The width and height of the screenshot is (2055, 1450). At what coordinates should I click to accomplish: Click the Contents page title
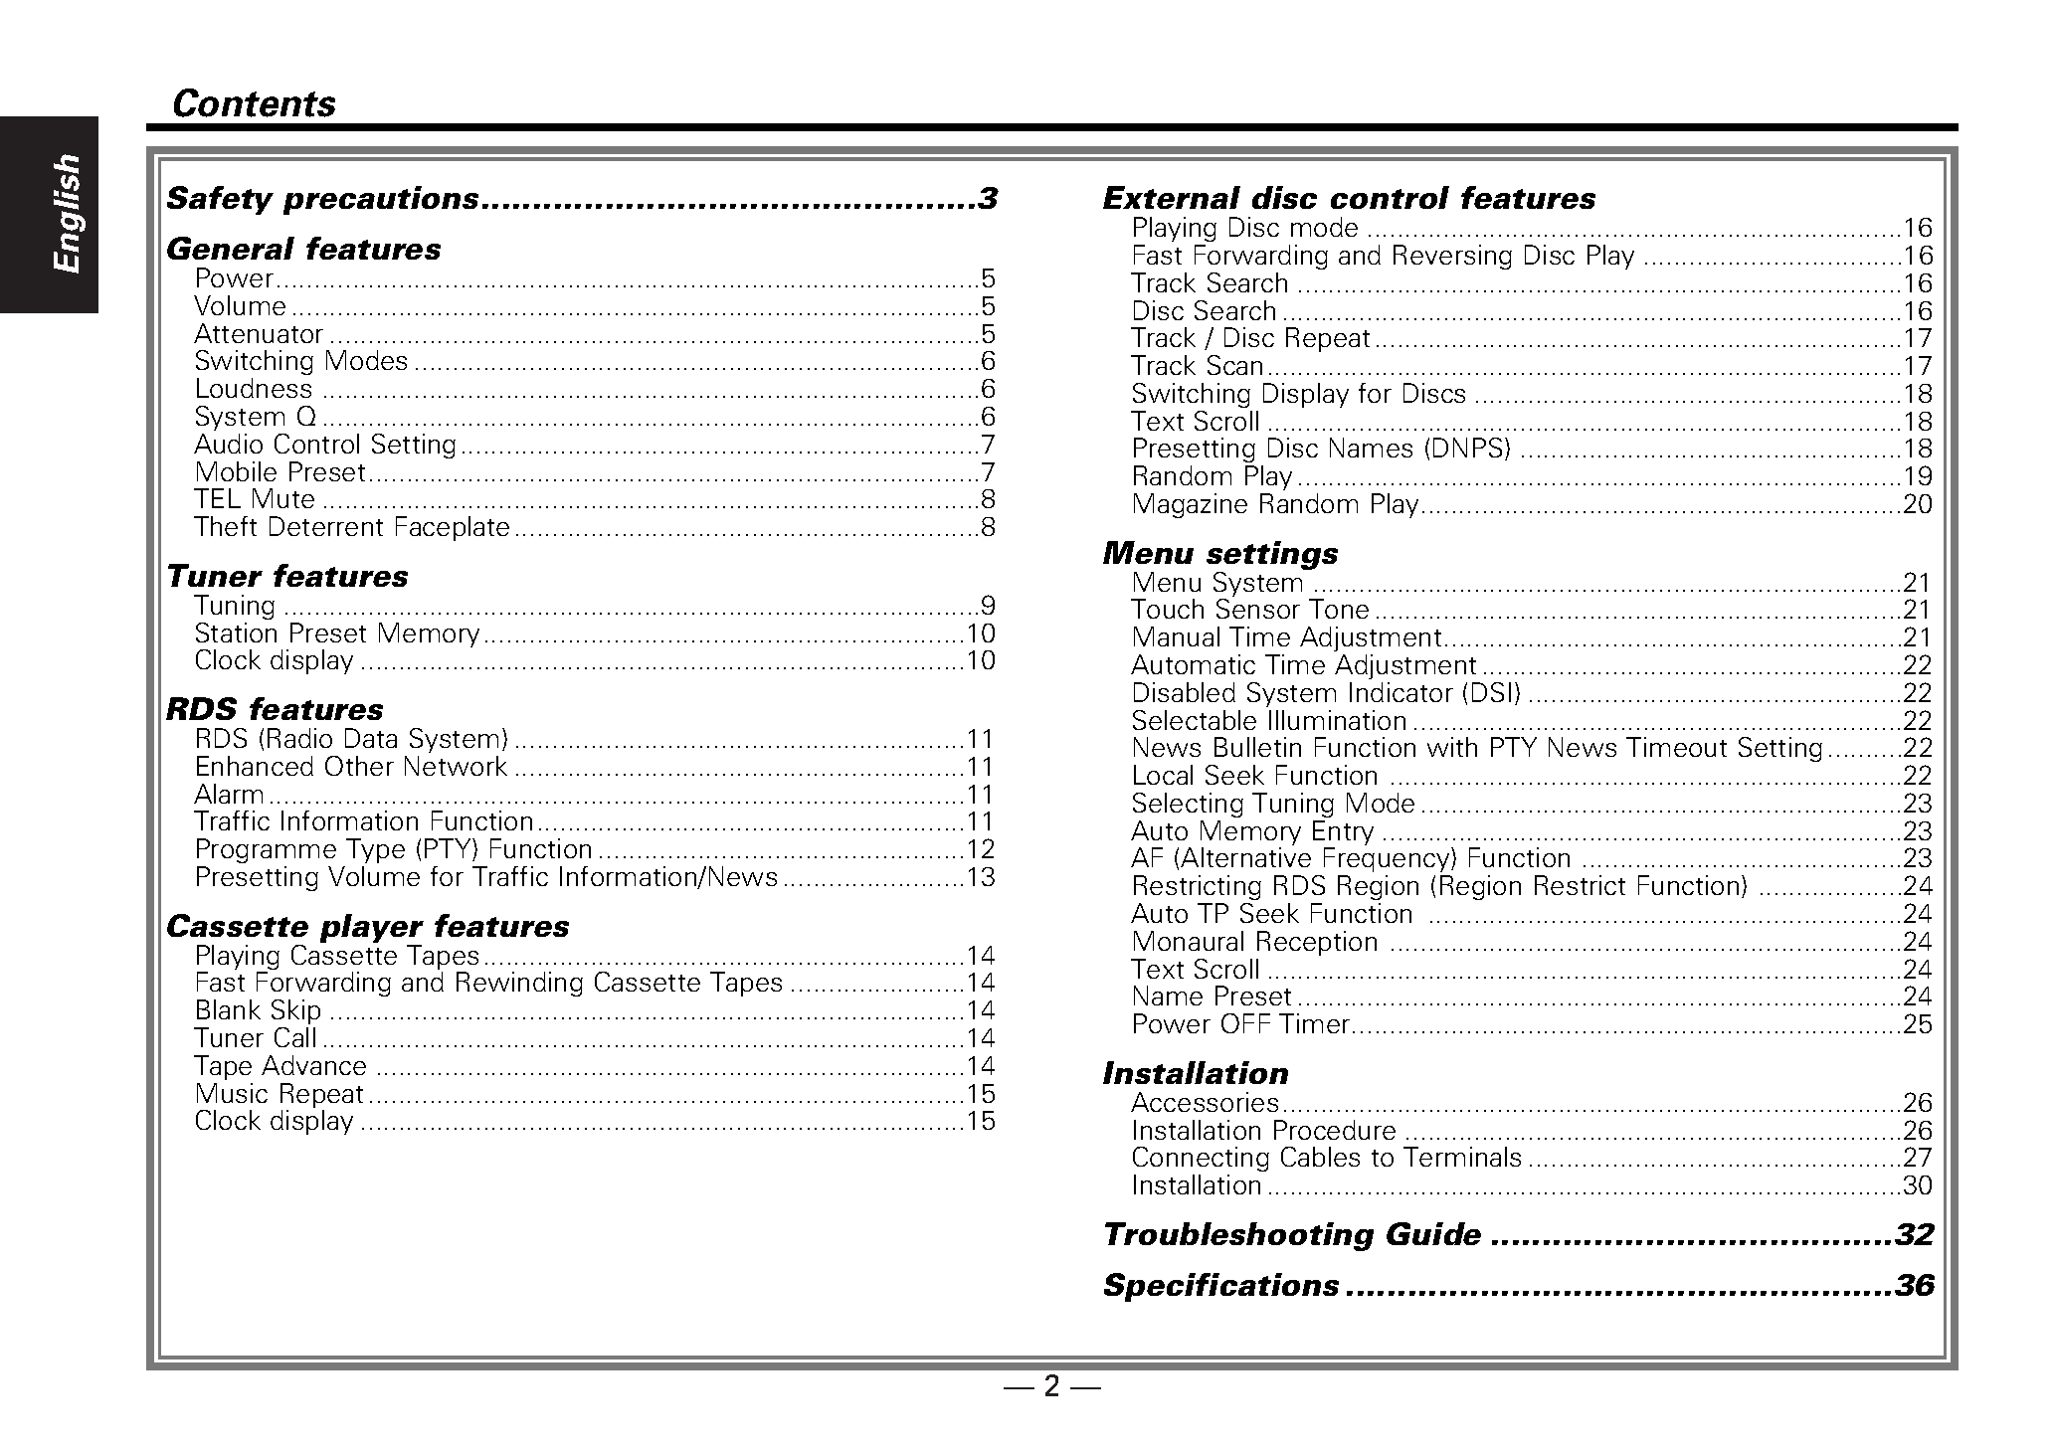click(x=254, y=103)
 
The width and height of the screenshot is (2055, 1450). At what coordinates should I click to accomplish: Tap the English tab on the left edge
click(x=66, y=213)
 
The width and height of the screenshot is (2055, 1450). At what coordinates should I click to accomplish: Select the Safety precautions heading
click(x=322, y=199)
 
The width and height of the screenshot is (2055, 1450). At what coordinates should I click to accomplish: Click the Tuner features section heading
click(x=286, y=577)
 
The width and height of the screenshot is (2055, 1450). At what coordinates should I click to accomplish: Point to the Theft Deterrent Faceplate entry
click(x=352, y=527)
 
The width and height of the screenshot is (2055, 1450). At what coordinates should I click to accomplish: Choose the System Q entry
click(x=256, y=417)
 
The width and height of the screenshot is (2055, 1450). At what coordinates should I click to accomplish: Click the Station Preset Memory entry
click(x=336, y=634)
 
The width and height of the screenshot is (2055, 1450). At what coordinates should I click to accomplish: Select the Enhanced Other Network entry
click(x=351, y=767)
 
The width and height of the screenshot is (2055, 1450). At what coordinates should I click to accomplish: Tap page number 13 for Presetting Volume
click(x=981, y=877)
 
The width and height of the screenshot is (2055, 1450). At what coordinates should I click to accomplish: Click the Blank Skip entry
click(x=258, y=1010)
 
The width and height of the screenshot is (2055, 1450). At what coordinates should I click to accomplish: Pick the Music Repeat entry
click(x=280, y=1094)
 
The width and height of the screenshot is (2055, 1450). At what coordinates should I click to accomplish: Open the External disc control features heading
click(x=1349, y=199)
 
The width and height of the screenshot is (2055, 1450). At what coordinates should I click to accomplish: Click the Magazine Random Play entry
click(x=1274, y=504)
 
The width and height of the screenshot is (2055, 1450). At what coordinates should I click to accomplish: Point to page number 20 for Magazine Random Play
click(x=1917, y=504)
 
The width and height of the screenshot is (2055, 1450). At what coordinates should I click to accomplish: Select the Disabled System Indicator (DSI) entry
click(x=1326, y=693)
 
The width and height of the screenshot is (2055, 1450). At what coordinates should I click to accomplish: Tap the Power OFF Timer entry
click(x=1240, y=1024)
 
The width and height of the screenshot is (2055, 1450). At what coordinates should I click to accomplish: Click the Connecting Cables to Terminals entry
click(x=1326, y=1158)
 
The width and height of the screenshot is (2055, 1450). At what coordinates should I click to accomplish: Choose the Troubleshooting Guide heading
click(x=1292, y=1235)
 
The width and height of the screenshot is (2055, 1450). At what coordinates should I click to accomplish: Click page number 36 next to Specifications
click(x=1915, y=1286)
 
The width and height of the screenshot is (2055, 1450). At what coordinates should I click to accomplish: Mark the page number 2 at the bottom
click(x=1051, y=1386)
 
